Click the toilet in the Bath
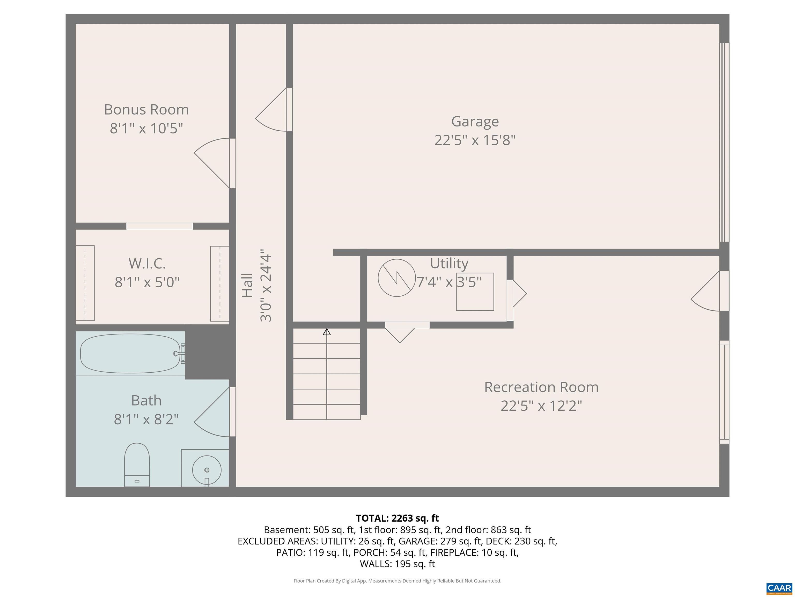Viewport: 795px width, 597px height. point(137,465)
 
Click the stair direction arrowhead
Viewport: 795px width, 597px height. point(327,332)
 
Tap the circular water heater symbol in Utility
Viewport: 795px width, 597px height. point(397,278)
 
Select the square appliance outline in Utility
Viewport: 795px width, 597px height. point(475,292)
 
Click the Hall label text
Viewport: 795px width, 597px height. point(247,285)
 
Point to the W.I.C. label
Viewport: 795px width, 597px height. point(147,264)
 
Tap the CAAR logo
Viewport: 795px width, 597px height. point(779,588)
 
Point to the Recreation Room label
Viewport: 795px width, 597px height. point(541,387)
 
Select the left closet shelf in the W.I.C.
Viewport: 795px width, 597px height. point(85,283)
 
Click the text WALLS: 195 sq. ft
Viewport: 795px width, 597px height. point(397,564)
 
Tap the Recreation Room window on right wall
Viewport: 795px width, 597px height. point(724,393)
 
